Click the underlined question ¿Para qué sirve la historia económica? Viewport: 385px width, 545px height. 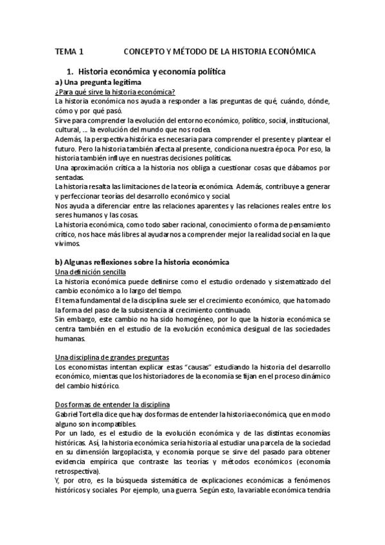116,92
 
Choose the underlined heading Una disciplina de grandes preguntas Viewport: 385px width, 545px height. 112,357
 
